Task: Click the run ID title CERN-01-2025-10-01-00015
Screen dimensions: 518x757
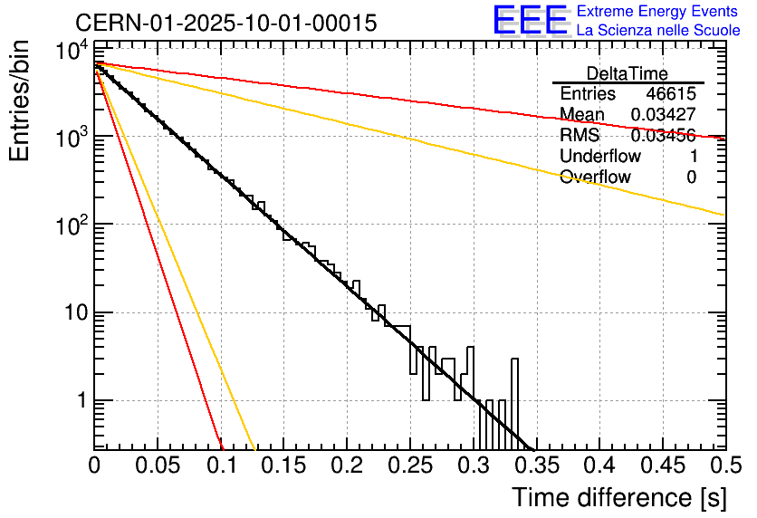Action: (x=225, y=23)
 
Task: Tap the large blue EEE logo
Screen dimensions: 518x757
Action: (x=529, y=20)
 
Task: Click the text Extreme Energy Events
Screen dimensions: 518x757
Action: (x=656, y=12)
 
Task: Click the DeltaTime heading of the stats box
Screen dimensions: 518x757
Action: (x=628, y=73)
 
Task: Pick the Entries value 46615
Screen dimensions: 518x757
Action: (x=671, y=94)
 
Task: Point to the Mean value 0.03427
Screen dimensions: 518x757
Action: (x=663, y=115)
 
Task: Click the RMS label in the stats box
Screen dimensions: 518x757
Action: (x=580, y=136)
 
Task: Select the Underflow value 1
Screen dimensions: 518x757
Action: (x=692, y=157)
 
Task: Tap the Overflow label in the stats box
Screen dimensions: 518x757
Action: (x=595, y=177)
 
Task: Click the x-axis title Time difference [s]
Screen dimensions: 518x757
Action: (x=618, y=497)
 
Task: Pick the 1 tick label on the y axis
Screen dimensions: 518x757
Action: (x=79, y=400)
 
